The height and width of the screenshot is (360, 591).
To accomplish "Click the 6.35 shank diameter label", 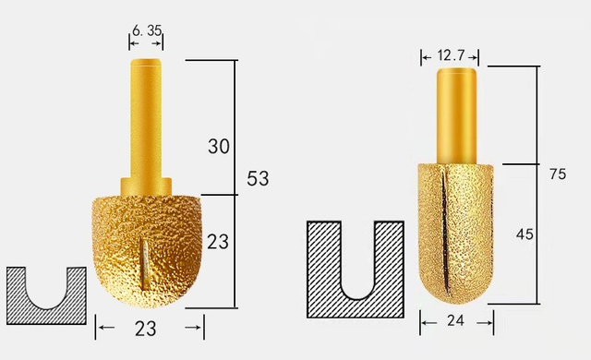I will point(147,30).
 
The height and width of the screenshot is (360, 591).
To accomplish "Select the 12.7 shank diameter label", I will point(452,57).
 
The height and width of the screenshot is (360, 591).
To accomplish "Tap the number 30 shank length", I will point(219,146).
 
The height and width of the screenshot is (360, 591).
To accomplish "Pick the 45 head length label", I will point(525,234).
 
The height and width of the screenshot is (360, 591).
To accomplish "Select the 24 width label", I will point(455,322).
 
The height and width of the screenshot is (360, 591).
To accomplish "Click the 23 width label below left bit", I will point(148,327).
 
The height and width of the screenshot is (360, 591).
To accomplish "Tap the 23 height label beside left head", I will point(219,242).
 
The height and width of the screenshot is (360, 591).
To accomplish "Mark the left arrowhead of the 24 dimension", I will point(424,322).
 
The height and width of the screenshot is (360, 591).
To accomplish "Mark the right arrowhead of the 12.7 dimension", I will point(476,57).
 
